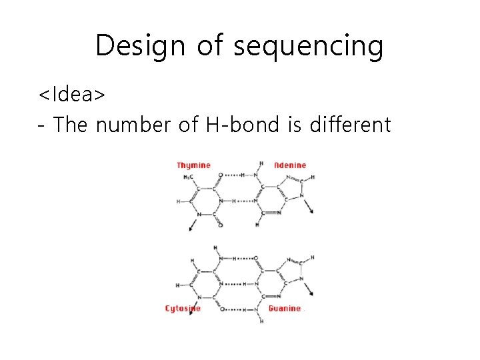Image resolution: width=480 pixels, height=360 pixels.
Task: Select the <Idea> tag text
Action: (71, 95)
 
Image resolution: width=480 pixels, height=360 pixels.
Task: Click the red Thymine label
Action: (193, 165)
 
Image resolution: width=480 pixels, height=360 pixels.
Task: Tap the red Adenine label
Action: (290, 165)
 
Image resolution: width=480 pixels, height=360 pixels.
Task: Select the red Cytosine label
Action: (183, 309)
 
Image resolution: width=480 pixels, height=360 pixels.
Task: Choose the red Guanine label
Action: (285, 309)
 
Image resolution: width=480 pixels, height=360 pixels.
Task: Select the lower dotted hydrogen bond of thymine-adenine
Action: (241, 201)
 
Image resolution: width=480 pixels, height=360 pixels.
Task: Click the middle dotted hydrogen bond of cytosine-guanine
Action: (233, 283)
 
